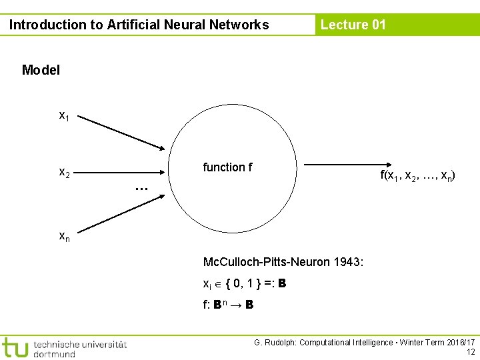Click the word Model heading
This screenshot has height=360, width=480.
click(x=41, y=70)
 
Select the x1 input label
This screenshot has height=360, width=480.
click(x=64, y=116)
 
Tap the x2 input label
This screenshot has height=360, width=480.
click(x=64, y=173)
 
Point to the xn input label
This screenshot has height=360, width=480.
click(x=64, y=235)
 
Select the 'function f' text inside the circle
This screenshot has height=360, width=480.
click(x=227, y=167)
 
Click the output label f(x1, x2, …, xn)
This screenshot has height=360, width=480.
click(x=418, y=175)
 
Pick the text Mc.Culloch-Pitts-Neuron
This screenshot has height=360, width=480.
click(x=266, y=262)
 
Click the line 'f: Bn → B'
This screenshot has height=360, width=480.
click(x=227, y=305)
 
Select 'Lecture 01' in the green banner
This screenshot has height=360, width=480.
click(x=353, y=25)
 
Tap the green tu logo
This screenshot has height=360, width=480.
click(x=15, y=347)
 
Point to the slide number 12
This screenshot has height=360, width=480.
click(x=471, y=352)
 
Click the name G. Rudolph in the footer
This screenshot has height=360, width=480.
click(x=274, y=343)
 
